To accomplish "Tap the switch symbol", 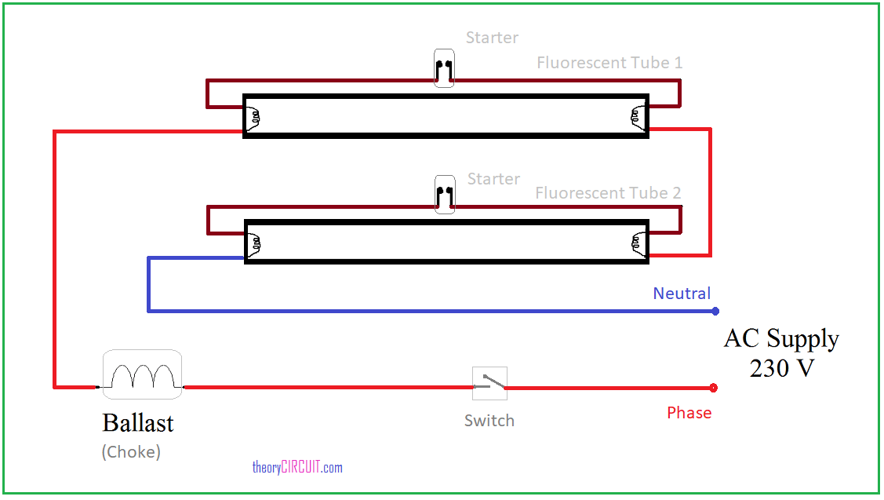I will click(489, 384).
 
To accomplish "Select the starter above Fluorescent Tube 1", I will click(444, 68).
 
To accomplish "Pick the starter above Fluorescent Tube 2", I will click(444, 194).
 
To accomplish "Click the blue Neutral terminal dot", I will click(715, 312).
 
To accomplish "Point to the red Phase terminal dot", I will click(713, 388).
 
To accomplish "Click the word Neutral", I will click(682, 294).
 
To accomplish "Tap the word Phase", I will click(689, 413).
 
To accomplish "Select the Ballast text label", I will click(138, 423).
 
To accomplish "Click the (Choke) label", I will click(131, 452).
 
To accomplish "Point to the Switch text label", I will click(489, 421).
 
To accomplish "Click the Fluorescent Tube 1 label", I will click(609, 62).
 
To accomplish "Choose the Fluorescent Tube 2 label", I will click(608, 193).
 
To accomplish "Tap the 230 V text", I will click(781, 367).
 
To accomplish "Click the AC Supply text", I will click(781, 338).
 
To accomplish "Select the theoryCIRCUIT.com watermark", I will click(297, 468).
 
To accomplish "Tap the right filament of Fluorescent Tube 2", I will click(636, 243).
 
